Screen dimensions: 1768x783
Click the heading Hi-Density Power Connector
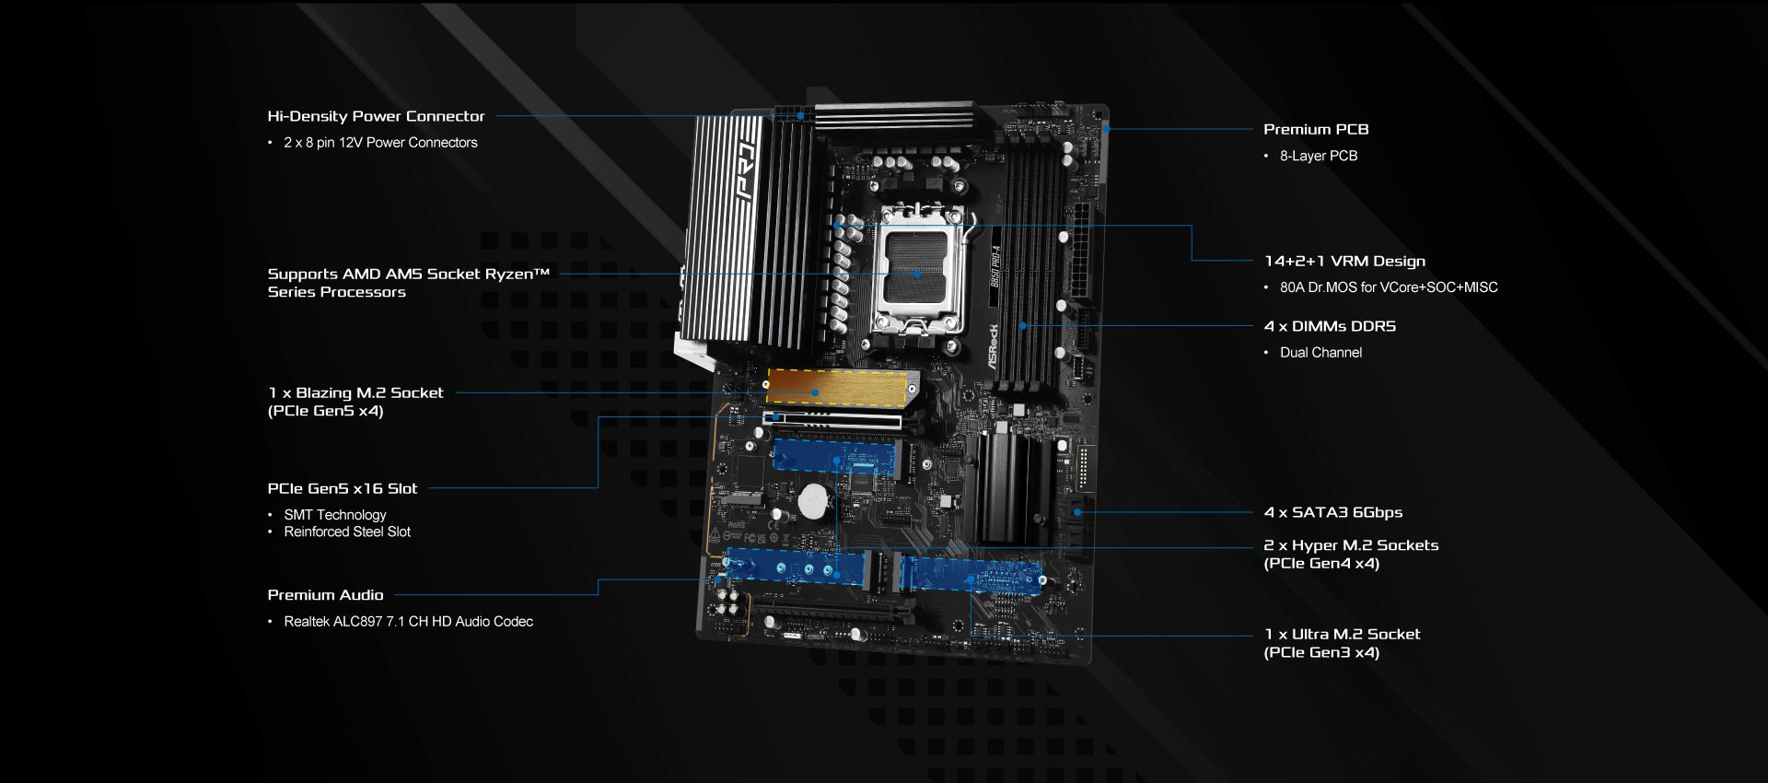point(376,116)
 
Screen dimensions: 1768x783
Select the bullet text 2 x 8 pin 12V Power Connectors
point(380,143)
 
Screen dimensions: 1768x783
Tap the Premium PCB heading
point(1316,129)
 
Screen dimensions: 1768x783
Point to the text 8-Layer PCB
point(1319,156)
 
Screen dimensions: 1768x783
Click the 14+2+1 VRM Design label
point(1344,261)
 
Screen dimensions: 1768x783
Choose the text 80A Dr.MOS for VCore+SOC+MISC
point(1389,287)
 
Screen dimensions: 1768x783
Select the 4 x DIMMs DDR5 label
point(1330,326)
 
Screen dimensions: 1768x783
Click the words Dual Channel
point(1320,353)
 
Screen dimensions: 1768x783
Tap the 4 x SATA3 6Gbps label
point(1333,512)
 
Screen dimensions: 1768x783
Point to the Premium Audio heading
point(325,595)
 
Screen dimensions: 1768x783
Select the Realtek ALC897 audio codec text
point(408,622)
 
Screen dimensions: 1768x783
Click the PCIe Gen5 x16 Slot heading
point(343,488)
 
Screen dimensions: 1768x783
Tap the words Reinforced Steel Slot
point(347,532)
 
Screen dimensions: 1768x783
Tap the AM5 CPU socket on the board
point(918,270)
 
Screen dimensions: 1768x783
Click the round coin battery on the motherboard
point(814,501)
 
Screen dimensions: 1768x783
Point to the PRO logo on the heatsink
point(748,171)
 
